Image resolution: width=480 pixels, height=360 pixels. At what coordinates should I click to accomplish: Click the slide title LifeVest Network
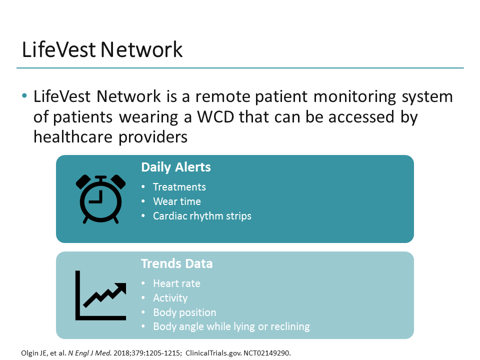pos(102,50)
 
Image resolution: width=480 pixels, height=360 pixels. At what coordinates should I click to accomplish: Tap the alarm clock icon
pos(100,199)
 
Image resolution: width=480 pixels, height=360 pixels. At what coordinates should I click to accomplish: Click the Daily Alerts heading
pos(176,167)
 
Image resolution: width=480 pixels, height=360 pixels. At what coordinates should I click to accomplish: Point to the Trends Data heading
pos(176,263)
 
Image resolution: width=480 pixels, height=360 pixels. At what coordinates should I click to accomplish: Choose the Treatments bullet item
pos(179,187)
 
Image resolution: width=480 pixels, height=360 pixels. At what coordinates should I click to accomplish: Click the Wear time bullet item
pos(176,201)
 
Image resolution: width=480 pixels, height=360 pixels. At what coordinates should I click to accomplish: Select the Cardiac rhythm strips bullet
pos(202,216)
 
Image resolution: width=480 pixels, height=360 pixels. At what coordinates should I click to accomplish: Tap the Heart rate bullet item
pos(176,283)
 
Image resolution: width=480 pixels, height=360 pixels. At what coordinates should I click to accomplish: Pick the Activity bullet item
pos(170,298)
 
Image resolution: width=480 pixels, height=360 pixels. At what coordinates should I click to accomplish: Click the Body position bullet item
pos(184,312)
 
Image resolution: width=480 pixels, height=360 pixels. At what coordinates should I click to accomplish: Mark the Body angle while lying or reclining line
pos(231,327)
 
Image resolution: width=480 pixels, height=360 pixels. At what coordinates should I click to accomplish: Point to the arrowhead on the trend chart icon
pos(121,286)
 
